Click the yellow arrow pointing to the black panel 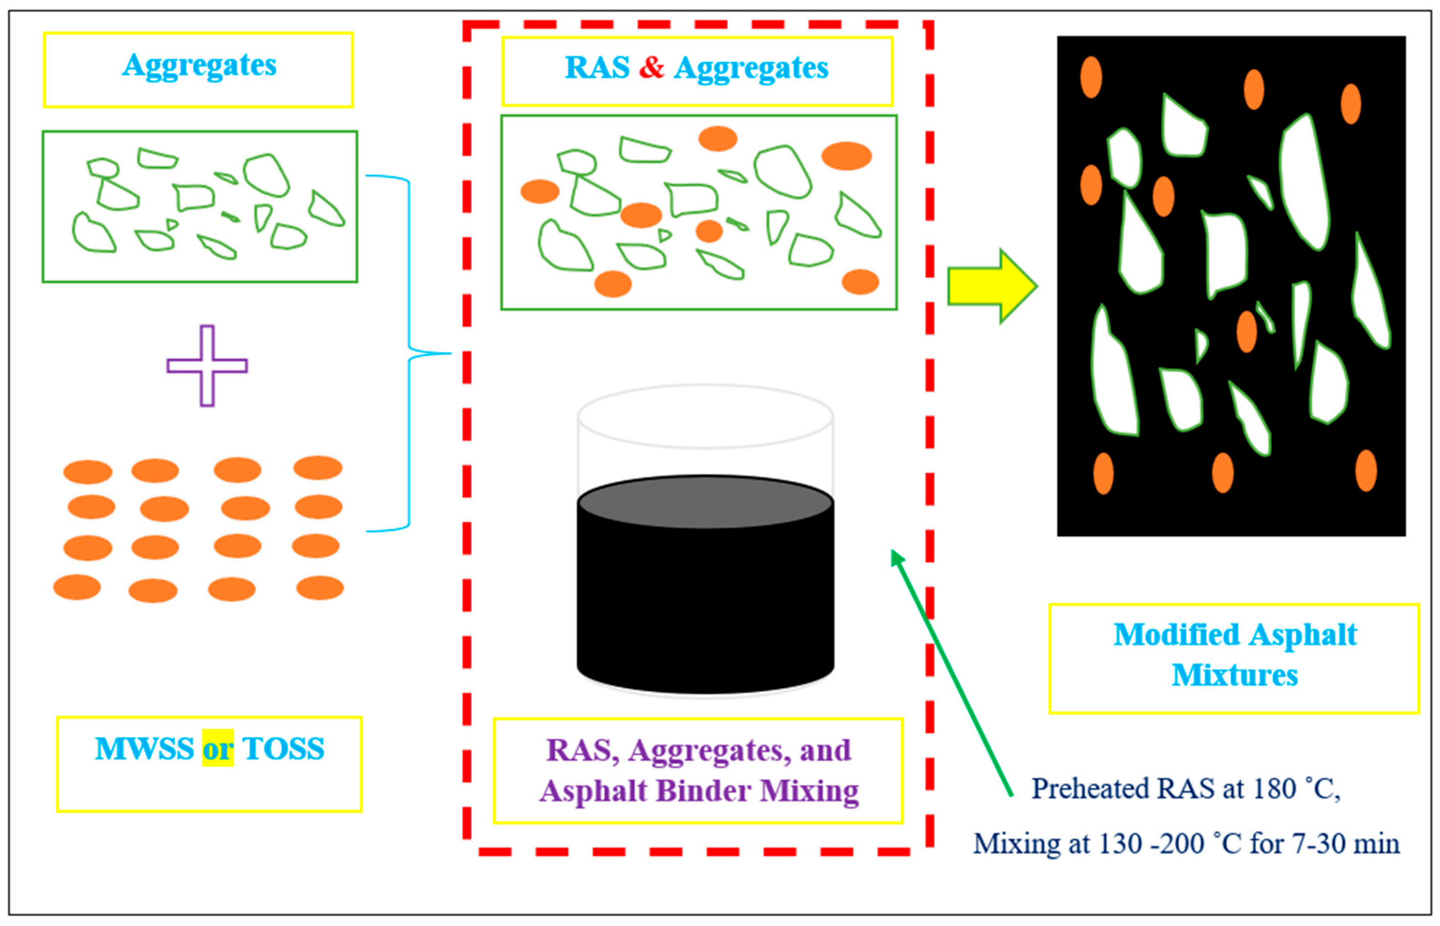(x=989, y=286)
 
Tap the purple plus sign (x=207, y=366)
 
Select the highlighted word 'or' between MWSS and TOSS (x=217, y=749)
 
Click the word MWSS (x=144, y=749)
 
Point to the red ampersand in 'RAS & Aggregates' (x=651, y=68)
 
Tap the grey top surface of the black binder (x=705, y=503)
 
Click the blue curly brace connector (x=409, y=354)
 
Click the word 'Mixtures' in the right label (x=1234, y=675)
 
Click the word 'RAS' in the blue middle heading (x=596, y=68)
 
